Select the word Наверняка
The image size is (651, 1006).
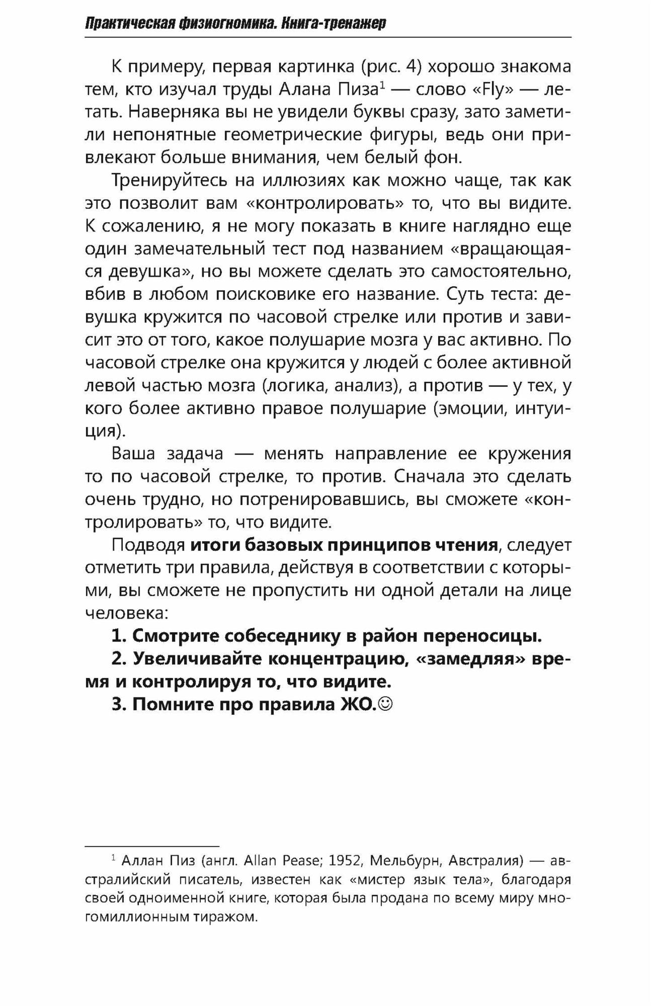(x=173, y=112)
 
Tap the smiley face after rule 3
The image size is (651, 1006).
(x=386, y=704)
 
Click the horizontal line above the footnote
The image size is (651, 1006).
(x=152, y=847)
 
